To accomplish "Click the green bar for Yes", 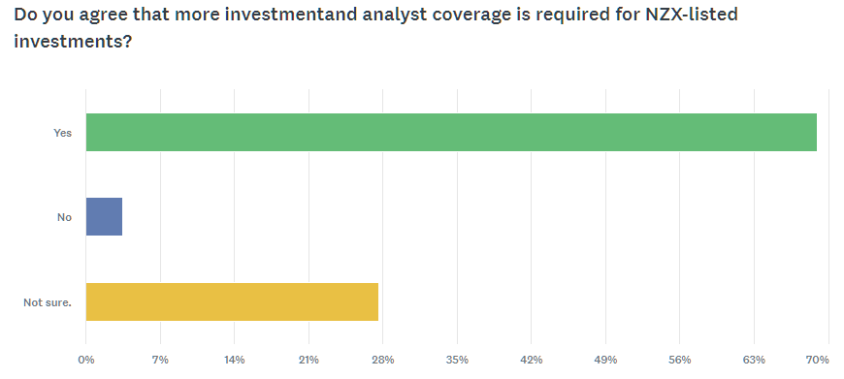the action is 451,132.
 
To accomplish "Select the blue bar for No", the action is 104,217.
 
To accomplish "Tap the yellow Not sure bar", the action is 232,301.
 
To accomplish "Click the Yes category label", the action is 62,132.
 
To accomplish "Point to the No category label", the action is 65,217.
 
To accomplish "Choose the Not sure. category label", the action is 48,302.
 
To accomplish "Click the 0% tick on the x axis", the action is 86,360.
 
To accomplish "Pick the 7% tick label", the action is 160,360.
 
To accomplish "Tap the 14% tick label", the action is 235,360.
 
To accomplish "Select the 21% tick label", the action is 308,360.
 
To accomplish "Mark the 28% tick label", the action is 383,360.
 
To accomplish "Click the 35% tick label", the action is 458,360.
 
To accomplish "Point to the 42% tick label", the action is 532,360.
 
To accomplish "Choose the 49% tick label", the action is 605,360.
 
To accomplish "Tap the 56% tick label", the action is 680,360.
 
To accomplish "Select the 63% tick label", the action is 754,360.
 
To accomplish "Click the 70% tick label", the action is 818,360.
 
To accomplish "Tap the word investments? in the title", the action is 73,41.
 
